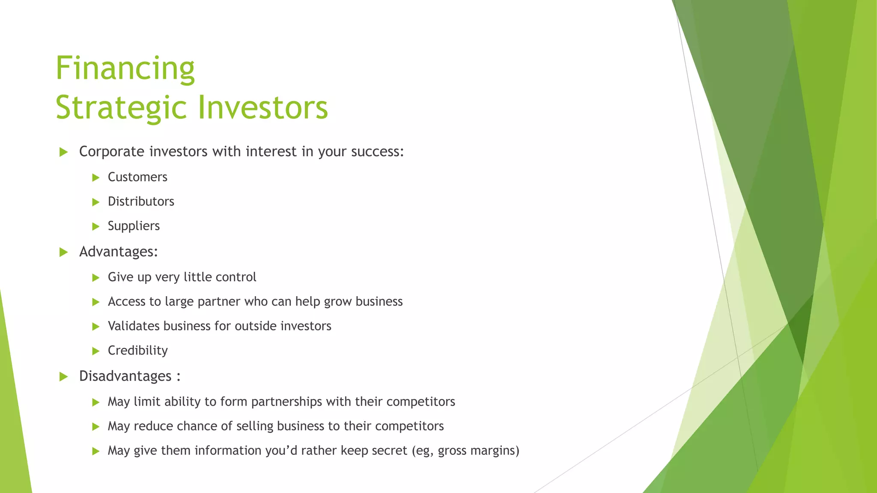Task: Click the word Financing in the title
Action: [x=125, y=68]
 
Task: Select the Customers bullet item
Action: [x=137, y=177]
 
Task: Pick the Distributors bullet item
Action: [x=141, y=202]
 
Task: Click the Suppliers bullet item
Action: [x=134, y=226]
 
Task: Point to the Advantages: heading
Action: [x=119, y=252]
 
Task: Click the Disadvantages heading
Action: [x=125, y=376]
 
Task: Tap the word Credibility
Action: [x=137, y=350]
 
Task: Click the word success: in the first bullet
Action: [x=377, y=152]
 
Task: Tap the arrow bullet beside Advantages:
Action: [x=64, y=252]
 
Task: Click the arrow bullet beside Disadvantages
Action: [x=64, y=377]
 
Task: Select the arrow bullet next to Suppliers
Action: [x=96, y=226]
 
